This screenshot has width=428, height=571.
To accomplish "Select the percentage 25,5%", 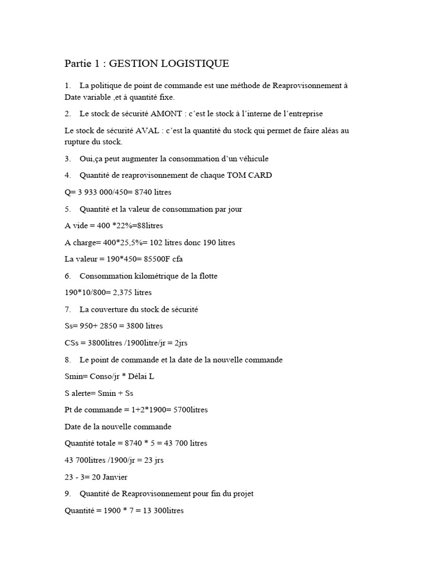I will (134, 243).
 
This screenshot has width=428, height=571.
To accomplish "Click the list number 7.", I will (67, 309).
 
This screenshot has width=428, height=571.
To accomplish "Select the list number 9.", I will (67, 494).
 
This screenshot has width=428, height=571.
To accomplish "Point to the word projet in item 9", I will (244, 494).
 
